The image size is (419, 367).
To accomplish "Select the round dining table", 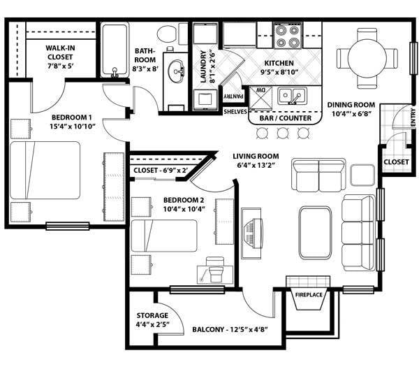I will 367,53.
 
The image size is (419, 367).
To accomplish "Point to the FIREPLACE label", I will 308,295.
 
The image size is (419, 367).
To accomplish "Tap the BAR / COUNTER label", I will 284,118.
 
